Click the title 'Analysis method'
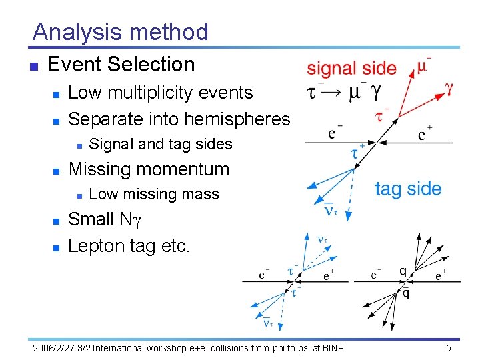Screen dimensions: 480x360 [x=120, y=32]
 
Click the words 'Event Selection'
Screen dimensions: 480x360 [x=121, y=65]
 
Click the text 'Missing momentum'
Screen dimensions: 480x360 [x=149, y=169]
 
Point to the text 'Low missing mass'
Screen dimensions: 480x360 [x=154, y=194]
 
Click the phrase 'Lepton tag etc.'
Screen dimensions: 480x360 [x=129, y=245]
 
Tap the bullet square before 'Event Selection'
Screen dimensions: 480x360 [x=32, y=66]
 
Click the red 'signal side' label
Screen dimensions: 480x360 [x=351, y=68]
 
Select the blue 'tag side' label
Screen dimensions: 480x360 [x=408, y=189]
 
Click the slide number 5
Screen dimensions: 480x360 [x=449, y=348]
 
